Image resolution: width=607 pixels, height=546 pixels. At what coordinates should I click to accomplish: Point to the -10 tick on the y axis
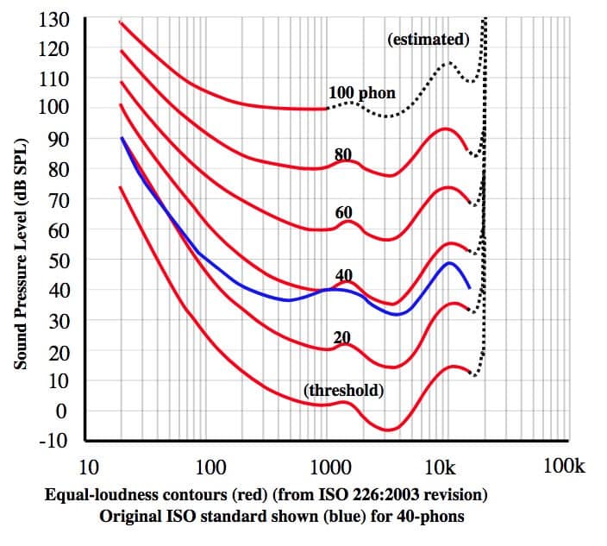[x=53, y=441]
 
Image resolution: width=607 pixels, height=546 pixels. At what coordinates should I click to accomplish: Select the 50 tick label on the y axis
[x=59, y=260]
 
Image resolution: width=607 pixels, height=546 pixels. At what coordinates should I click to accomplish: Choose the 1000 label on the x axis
[x=329, y=468]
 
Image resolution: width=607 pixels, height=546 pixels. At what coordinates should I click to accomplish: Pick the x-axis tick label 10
[x=87, y=468]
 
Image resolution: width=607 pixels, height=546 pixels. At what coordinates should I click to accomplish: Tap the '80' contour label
[x=343, y=155]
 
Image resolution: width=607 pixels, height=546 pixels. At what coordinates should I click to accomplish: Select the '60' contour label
[x=343, y=212]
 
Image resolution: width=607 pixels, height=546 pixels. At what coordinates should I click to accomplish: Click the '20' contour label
[x=342, y=337]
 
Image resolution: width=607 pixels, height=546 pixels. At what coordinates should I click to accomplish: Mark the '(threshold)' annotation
[x=343, y=390]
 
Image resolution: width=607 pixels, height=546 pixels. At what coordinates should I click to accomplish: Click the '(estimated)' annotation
[x=429, y=39]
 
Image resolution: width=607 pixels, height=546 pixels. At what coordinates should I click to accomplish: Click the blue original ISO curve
[x=259, y=293]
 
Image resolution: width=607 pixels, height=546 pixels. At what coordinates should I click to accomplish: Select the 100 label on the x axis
[x=210, y=468]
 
